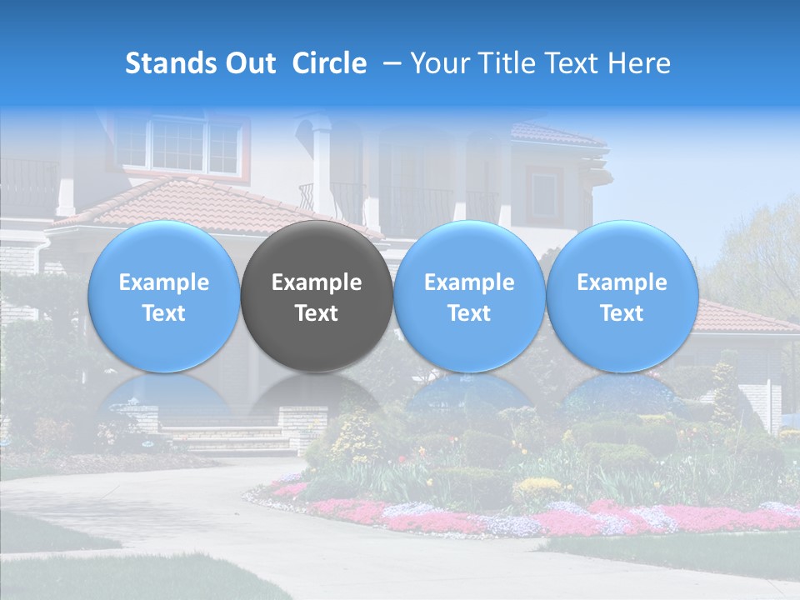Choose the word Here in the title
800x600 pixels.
(x=639, y=63)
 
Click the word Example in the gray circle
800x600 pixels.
(x=317, y=282)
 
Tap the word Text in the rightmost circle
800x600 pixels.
(x=622, y=313)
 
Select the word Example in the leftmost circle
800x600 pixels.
(x=163, y=282)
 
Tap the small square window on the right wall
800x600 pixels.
(x=543, y=195)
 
